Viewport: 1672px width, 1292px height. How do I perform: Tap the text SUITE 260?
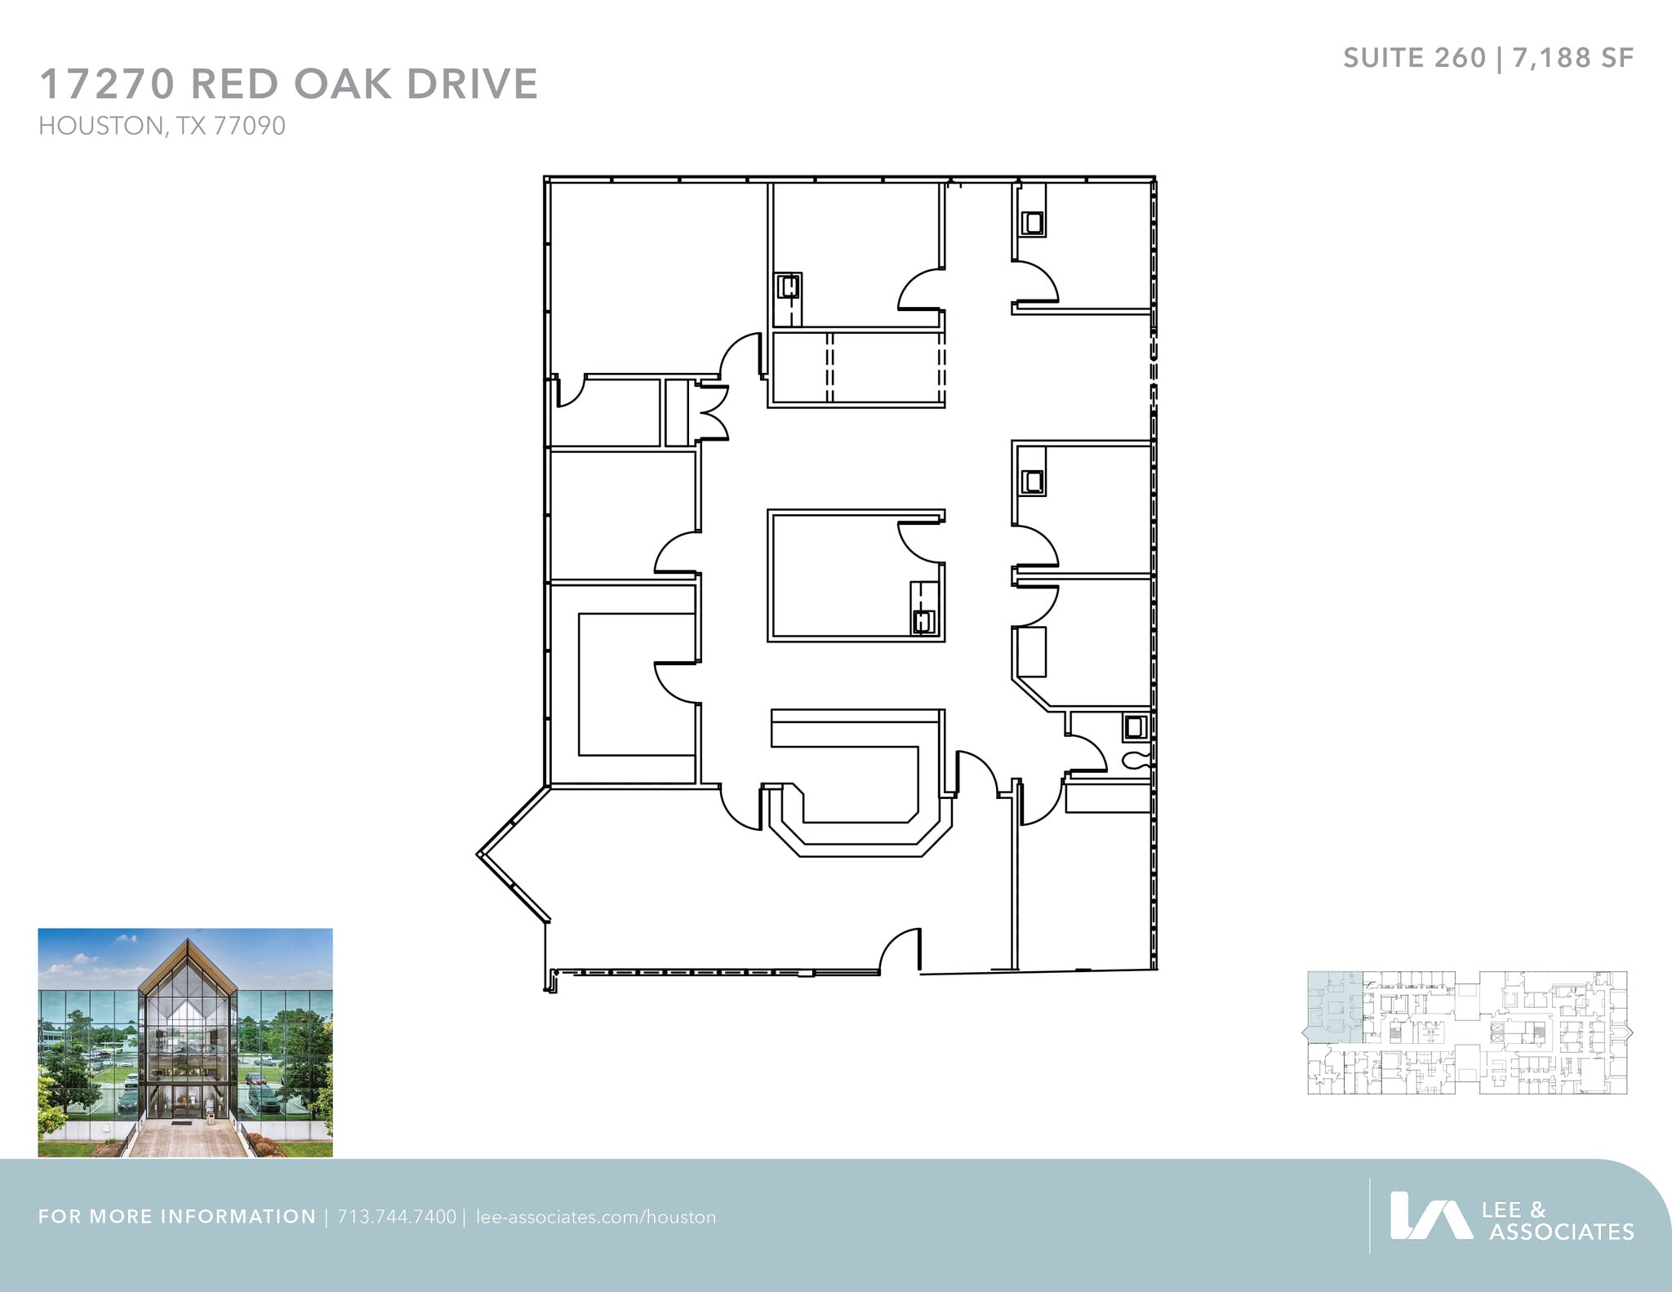(x=1414, y=58)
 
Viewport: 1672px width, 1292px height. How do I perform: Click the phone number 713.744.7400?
(x=397, y=1217)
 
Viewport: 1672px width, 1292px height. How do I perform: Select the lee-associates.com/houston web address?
(x=595, y=1217)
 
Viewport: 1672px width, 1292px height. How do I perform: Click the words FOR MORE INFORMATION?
(x=176, y=1217)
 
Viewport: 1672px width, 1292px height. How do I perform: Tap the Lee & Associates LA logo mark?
(x=1430, y=1216)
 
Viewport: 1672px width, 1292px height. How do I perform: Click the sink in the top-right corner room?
(x=1033, y=222)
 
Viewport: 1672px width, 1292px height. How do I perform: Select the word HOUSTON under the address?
(x=100, y=127)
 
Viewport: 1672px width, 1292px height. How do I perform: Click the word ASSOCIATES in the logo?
(x=1561, y=1231)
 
